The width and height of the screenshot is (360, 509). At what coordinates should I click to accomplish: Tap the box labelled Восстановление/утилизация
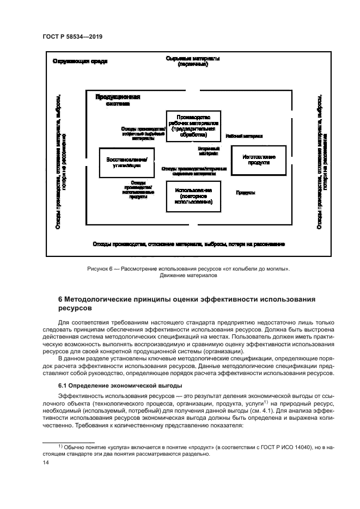pos(127,162)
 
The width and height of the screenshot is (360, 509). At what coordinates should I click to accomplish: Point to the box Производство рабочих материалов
pos(193,126)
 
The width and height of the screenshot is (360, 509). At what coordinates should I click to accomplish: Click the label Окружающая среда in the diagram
pos(80,61)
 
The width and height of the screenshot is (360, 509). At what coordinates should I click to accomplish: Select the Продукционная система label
pos(118,100)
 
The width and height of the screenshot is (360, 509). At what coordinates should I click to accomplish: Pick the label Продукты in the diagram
pos(246,193)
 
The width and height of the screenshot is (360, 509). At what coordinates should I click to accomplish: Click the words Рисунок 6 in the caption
pos(100,268)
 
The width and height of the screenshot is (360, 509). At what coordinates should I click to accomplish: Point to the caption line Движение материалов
pos(188,275)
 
